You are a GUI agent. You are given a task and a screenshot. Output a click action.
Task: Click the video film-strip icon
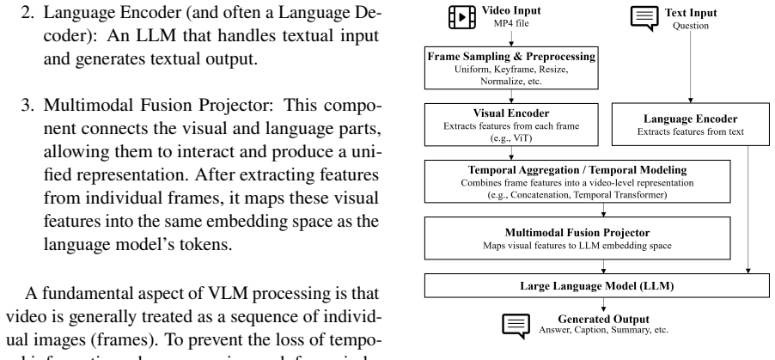461,17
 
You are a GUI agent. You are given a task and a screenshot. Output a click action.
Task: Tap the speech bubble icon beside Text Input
644,18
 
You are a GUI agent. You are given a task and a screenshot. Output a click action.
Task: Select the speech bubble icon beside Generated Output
516,326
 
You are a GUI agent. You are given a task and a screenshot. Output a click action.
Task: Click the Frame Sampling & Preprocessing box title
511,57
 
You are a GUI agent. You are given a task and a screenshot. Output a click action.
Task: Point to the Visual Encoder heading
511,113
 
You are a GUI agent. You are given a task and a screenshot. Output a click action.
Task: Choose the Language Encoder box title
691,119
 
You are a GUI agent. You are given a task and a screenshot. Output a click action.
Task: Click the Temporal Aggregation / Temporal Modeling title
577,170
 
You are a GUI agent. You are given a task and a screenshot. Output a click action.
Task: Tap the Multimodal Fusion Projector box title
577,233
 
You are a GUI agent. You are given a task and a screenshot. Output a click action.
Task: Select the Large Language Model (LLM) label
596,286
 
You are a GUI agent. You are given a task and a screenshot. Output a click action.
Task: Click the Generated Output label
603,319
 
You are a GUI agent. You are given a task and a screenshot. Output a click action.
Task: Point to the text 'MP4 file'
511,23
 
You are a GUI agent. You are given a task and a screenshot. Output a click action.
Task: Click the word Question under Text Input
691,26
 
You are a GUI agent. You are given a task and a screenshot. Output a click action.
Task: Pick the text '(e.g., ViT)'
511,138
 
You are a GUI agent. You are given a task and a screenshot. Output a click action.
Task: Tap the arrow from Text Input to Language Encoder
691,67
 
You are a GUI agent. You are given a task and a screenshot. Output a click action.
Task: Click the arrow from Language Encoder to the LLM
748,210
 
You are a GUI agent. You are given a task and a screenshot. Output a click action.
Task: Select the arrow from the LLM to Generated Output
603,305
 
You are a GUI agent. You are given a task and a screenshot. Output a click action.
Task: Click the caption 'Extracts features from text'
691,131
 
